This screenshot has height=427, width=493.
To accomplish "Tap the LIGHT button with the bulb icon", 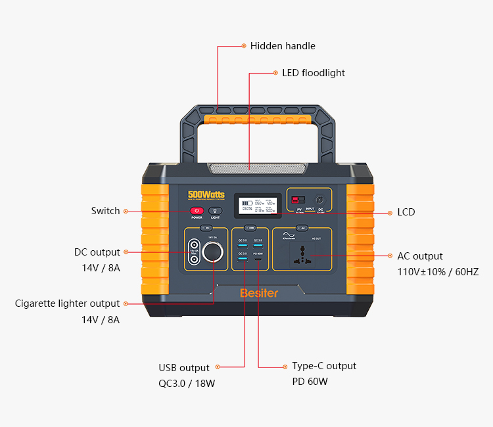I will pos(215,211).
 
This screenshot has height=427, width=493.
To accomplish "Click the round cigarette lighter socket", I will pos(213,252).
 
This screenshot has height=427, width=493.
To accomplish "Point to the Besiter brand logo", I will pos(258,293).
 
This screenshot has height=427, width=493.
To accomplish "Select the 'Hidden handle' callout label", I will pos(283,46).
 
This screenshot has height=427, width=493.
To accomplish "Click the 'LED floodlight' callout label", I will pos(314,73).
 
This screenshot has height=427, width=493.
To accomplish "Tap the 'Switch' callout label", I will pos(105,211).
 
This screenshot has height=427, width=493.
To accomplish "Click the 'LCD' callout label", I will pos(406,212).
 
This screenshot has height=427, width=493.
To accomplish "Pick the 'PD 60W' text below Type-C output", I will pos(310,382).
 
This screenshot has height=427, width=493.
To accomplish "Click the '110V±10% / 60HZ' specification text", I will pos(438,272).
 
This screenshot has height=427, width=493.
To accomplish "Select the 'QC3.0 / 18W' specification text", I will pos(187,384).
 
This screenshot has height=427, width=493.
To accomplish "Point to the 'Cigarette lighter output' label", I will pos(68,303).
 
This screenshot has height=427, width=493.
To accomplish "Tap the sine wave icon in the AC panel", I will pos(288,235).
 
